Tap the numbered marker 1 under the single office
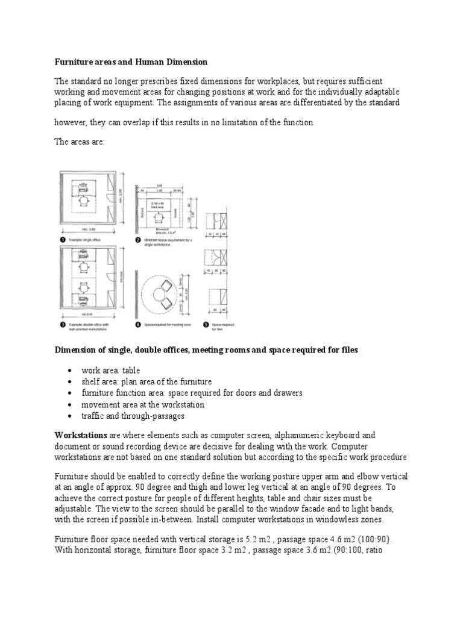[60, 240]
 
